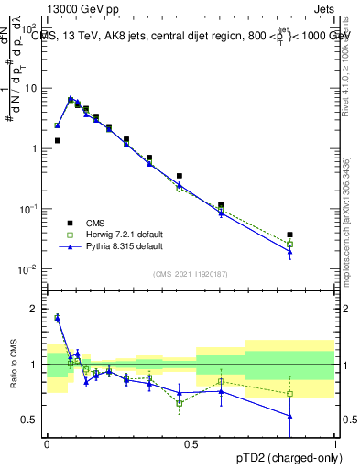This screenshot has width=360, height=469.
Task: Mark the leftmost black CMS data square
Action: (57, 141)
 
